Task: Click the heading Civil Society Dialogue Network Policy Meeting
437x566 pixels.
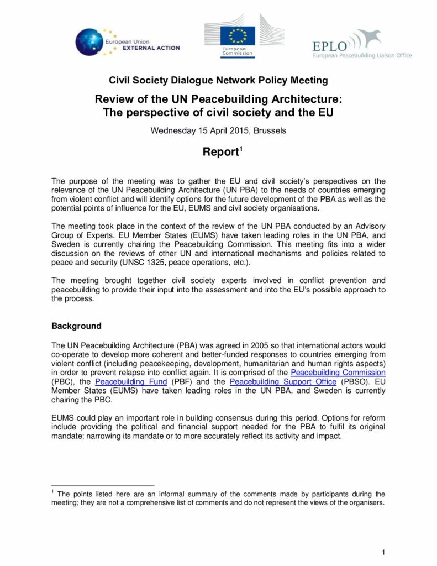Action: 218,81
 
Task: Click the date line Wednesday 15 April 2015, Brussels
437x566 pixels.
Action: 218,131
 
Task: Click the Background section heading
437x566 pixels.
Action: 76,326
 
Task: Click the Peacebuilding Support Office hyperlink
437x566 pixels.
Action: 283,381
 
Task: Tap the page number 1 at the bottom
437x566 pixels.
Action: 383,552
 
